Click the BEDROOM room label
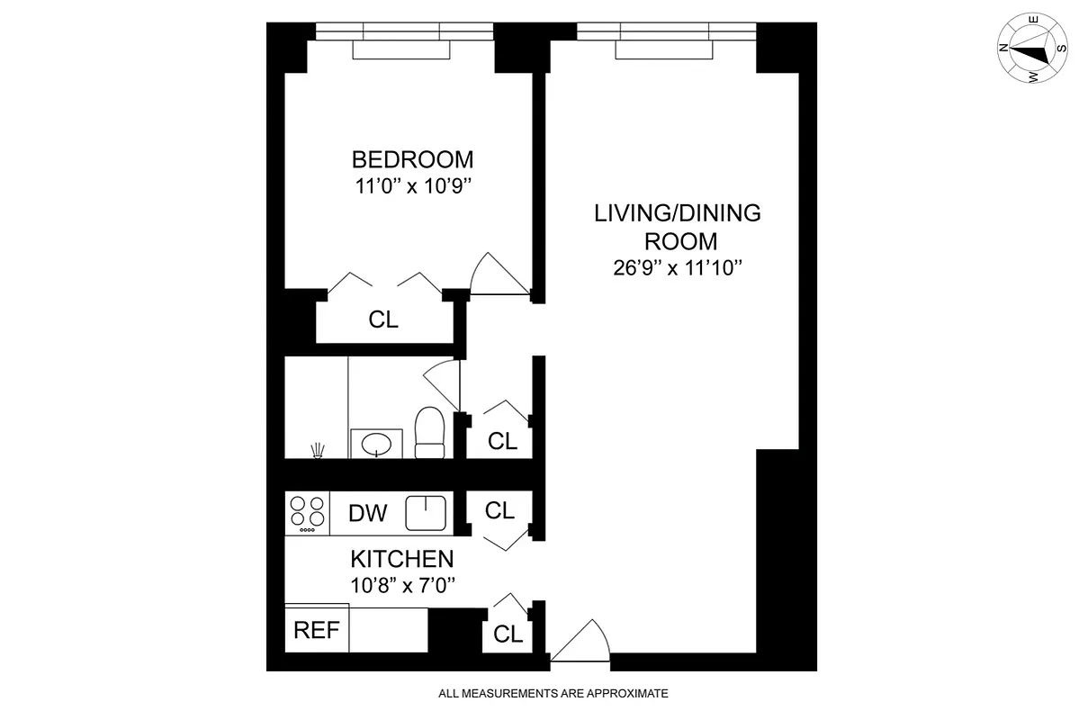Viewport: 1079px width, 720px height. pos(412,160)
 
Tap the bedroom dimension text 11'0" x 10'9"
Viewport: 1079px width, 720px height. pos(412,188)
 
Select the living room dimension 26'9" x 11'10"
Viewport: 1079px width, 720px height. pos(678,267)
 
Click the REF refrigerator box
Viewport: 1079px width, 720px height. pos(317,630)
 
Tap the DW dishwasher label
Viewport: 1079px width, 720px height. pos(367,513)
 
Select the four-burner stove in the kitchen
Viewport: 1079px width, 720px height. pos(307,513)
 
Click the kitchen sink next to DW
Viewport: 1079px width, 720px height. pos(425,513)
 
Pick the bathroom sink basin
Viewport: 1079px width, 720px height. pos(375,443)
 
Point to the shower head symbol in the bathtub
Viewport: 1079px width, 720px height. pos(317,449)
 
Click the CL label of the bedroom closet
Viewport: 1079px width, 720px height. pos(383,319)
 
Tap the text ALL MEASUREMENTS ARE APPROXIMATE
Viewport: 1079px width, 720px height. pos(553,694)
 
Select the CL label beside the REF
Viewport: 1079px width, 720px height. pos(508,634)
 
